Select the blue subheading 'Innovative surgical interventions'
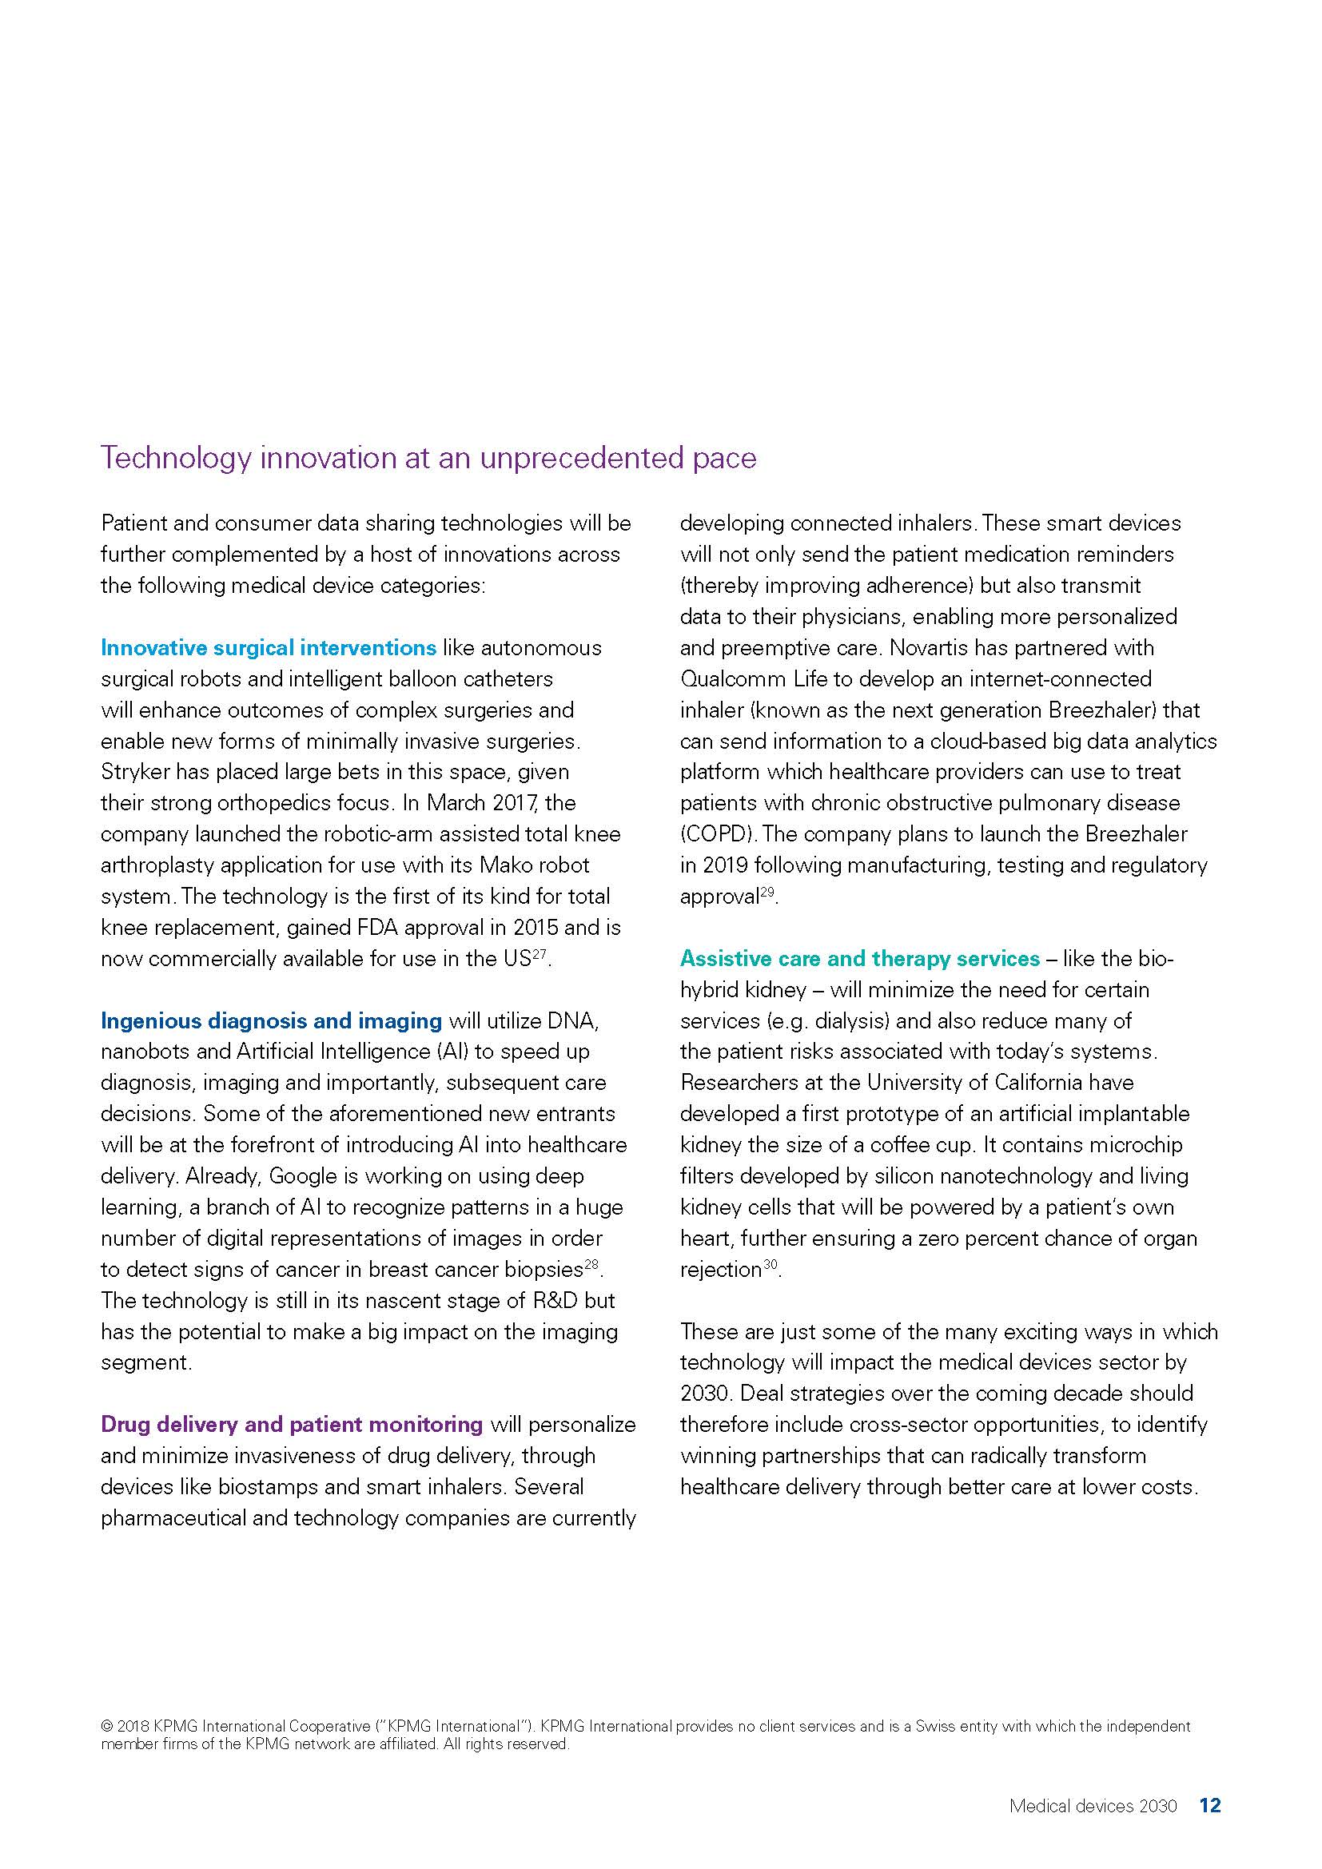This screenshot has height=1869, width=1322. coord(269,648)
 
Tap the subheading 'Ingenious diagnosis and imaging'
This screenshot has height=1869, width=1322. coord(271,1020)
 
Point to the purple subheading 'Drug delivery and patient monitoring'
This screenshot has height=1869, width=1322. coord(292,1425)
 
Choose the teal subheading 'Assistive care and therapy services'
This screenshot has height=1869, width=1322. coord(860,959)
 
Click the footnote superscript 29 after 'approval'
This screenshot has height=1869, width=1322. coord(767,893)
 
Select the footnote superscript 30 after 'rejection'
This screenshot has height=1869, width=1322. coord(770,1265)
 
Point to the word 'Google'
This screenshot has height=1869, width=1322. coord(308,1176)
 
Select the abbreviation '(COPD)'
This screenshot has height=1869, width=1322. coord(719,834)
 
